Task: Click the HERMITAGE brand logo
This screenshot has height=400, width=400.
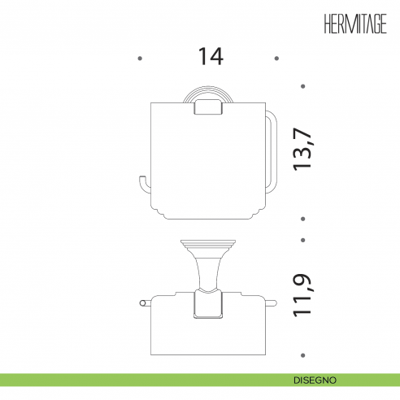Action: [355, 24]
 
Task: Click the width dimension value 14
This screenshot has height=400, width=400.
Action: [211, 56]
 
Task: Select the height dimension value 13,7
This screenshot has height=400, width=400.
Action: [302, 149]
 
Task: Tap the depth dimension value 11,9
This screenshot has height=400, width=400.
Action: [302, 296]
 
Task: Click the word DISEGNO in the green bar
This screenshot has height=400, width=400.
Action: [315, 380]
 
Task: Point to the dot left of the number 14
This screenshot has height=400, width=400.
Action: [140, 59]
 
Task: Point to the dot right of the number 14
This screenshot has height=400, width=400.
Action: [276, 59]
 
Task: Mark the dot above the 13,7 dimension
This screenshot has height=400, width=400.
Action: [303, 86]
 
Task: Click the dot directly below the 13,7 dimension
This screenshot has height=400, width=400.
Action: [303, 219]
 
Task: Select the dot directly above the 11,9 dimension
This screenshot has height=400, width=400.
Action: [303, 240]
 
